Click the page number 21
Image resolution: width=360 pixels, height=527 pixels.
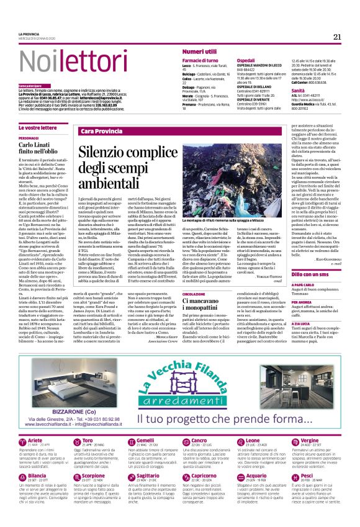click(336, 35)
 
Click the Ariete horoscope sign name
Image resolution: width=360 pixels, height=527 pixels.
click(36, 441)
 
